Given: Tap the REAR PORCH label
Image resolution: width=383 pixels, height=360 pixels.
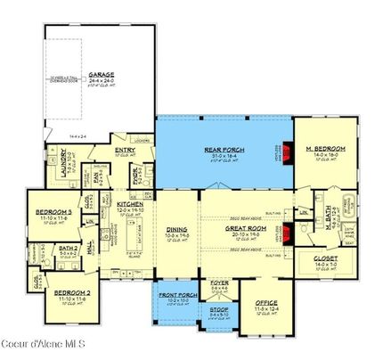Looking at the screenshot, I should point(224,149).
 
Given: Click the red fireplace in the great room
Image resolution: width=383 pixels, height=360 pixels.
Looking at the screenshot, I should point(286,235).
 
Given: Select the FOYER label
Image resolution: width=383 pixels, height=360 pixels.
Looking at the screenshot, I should point(219,281).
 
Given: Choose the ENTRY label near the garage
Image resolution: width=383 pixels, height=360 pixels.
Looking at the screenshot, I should point(122,151).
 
